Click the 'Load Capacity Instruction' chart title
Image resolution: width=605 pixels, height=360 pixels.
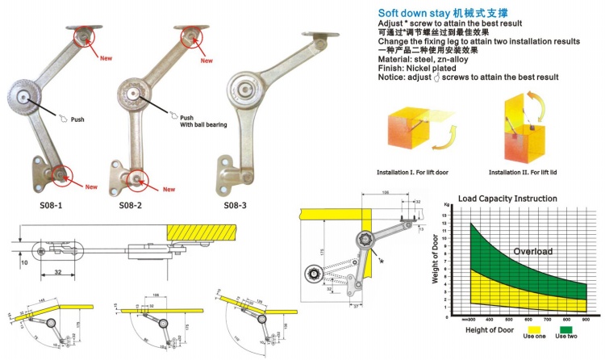(507, 198)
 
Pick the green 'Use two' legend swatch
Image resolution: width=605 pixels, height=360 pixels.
(574, 329)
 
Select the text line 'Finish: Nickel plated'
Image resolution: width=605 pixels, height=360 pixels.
(432, 69)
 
